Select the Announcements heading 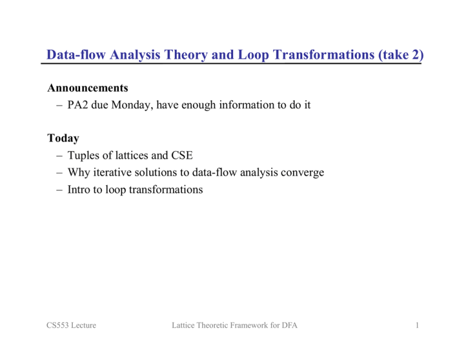click(87, 88)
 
